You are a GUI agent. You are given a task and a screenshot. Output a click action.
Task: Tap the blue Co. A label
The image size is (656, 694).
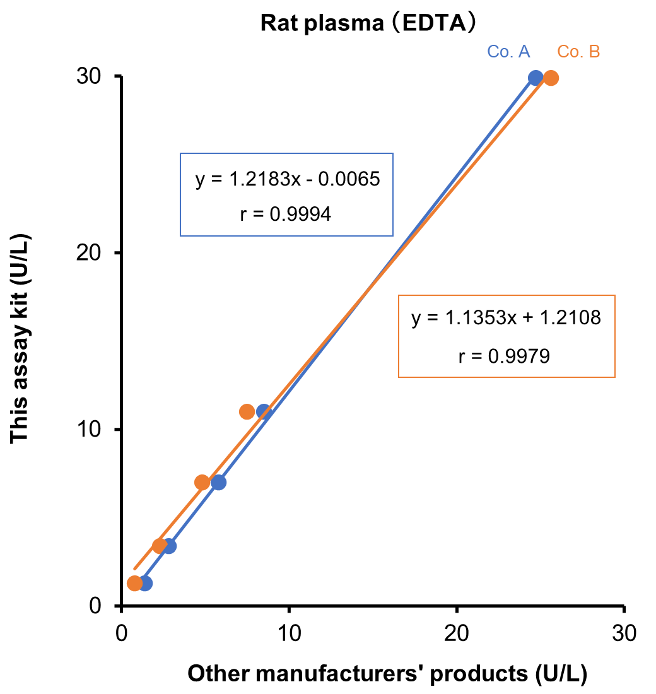click(508, 52)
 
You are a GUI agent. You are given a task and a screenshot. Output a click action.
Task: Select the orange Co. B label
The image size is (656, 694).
click(578, 52)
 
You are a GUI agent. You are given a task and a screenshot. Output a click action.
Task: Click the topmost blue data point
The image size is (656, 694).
click(536, 78)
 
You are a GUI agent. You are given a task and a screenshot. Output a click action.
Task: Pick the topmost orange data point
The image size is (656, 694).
click(551, 78)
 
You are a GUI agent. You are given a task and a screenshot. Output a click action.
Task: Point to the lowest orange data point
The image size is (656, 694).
click(134, 584)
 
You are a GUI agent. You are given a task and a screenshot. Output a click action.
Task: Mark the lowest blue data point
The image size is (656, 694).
click(145, 584)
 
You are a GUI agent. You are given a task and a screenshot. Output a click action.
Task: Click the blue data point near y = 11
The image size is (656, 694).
click(264, 412)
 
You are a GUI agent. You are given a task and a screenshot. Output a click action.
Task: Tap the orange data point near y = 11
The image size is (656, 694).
click(247, 412)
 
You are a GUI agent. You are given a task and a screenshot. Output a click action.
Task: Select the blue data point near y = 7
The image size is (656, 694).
click(218, 483)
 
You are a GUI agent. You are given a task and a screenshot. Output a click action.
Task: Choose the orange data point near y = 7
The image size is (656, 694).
click(202, 483)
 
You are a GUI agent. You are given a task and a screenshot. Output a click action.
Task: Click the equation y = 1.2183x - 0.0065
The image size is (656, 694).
click(287, 180)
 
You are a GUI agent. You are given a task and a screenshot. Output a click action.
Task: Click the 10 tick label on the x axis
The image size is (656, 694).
click(288, 632)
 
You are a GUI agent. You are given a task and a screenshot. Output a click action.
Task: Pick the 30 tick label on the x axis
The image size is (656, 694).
click(623, 632)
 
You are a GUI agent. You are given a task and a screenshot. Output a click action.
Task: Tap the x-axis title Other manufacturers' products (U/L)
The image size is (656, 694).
click(388, 674)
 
